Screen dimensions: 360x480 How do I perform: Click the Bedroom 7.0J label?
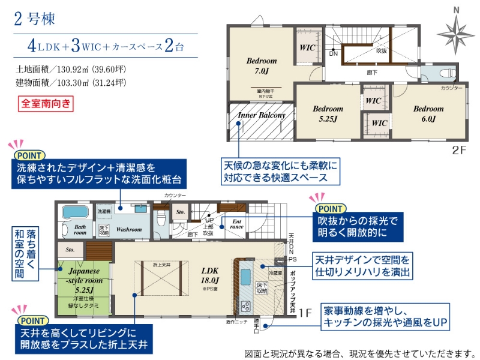pos(262,66)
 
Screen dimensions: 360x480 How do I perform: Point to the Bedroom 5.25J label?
pos(328,114)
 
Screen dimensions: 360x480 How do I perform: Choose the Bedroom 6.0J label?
pos(428,114)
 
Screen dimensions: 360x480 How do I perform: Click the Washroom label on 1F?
pos(129,229)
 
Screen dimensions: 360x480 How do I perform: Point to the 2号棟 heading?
pos(34,19)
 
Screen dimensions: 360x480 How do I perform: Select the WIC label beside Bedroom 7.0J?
pos(308,47)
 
